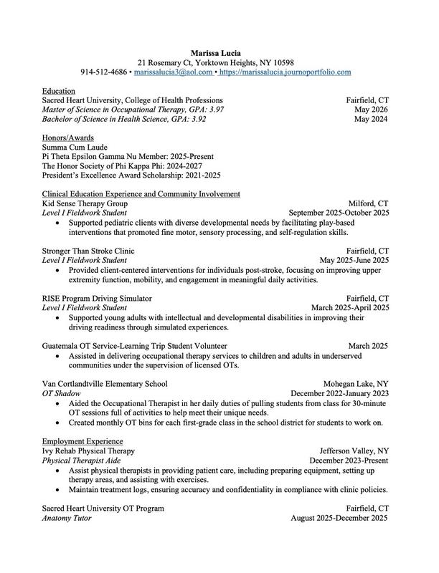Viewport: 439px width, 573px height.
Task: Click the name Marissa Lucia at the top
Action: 219,52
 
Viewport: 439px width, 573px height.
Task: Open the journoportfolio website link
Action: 285,72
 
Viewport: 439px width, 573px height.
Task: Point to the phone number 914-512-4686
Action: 104,72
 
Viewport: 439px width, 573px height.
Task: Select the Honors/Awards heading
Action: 68,138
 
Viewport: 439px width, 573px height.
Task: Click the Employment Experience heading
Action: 82,440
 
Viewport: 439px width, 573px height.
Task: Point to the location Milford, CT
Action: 368,203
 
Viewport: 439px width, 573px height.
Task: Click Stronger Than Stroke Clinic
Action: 88,251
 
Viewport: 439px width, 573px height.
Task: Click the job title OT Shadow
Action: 61,393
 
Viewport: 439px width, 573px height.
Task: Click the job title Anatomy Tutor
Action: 67,517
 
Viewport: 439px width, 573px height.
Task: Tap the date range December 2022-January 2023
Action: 339,393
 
